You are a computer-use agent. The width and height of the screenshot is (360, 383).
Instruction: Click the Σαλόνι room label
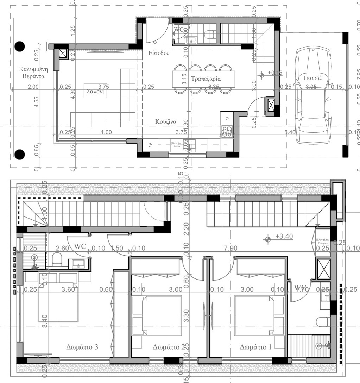(x=95, y=91)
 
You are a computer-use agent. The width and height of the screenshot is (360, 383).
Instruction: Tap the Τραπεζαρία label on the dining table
(x=206, y=79)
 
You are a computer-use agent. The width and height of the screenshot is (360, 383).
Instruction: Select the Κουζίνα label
(x=166, y=122)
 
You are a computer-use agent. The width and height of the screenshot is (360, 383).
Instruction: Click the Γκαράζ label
(x=313, y=79)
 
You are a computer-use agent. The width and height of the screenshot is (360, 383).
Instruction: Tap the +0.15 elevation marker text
(x=275, y=73)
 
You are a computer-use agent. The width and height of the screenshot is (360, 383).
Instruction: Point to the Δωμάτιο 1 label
(x=255, y=347)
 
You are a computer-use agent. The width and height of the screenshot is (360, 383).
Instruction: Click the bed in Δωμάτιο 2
(x=157, y=316)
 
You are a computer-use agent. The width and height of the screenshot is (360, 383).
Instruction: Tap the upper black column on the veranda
(x=20, y=46)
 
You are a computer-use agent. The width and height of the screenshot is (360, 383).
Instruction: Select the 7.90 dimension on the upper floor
(x=230, y=249)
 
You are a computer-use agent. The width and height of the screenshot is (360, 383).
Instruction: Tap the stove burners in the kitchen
(x=226, y=131)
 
